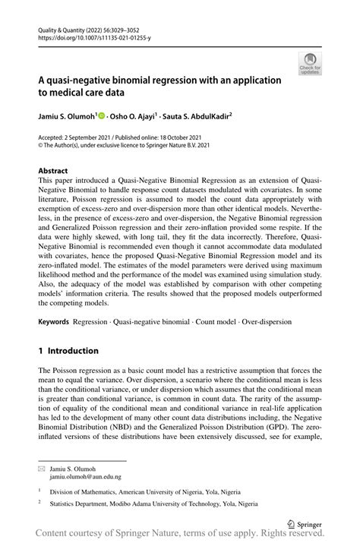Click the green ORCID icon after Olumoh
point(102,115)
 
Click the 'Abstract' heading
point(52,171)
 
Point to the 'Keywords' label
point(54,322)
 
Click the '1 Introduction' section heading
point(68,351)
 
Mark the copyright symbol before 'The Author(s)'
point(41,146)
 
